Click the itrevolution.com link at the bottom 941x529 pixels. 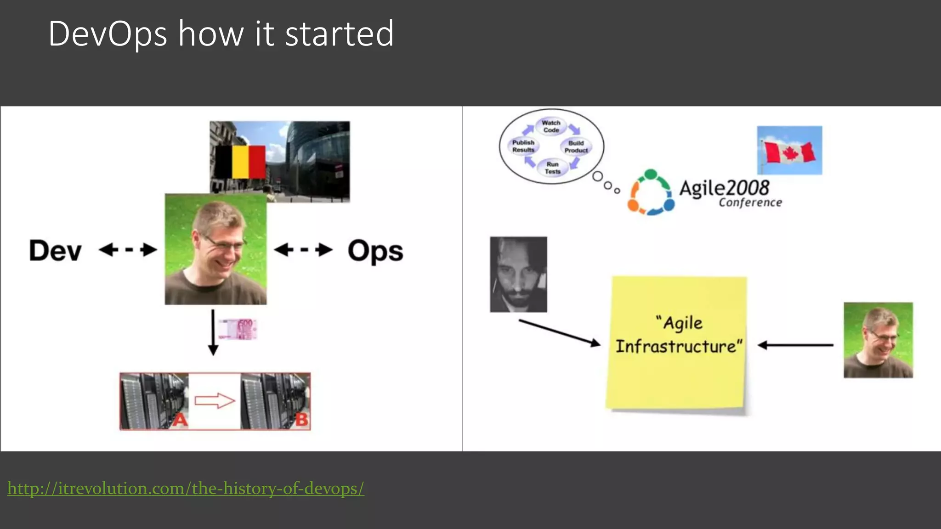tap(186, 488)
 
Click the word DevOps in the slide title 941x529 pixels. tap(108, 34)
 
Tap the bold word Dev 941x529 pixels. tap(55, 251)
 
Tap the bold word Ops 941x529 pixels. tap(375, 251)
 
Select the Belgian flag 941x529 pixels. tap(240, 162)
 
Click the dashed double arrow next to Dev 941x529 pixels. tap(128, 250)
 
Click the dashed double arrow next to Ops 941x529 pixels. tap(303, 250)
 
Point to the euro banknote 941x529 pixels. tap(238, 329)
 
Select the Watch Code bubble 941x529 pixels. tap(551, 126)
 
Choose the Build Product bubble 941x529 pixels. tap(576, 146)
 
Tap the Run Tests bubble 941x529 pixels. tap(552, 168)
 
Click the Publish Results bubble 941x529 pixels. tap(523, 146)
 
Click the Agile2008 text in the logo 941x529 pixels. tap(724, 188)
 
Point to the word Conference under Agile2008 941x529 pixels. tap(750, 203)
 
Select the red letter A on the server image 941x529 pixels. tap(180, 420)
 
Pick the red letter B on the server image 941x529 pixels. tap(301, 419)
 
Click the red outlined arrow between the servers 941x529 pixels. tap(215, 401)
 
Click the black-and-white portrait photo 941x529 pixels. tap(518, 275)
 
